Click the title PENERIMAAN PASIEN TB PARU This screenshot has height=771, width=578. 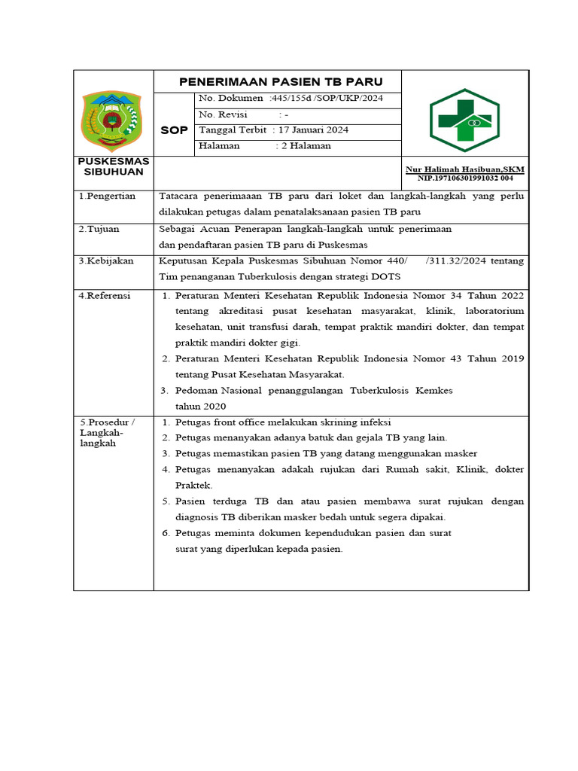[280, 81]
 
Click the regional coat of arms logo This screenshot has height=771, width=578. [111, 119]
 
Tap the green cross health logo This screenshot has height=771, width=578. [464, 120]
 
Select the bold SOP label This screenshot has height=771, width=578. [175, 130]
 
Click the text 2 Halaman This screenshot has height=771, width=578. [305, 146]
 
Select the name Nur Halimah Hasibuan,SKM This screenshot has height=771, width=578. [464, 169]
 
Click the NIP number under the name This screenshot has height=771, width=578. [466, 178]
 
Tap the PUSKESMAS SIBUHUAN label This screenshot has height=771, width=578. [113, 166]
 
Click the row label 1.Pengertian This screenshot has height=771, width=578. [107, 196]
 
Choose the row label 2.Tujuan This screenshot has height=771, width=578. [99, 228]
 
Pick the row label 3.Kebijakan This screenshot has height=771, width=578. [106, 261]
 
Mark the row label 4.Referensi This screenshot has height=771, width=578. [105, 296]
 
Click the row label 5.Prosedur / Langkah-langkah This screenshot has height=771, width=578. [105, 433]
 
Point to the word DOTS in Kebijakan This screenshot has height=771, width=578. [385, 276]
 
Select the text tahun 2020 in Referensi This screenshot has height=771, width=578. [200, 406]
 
